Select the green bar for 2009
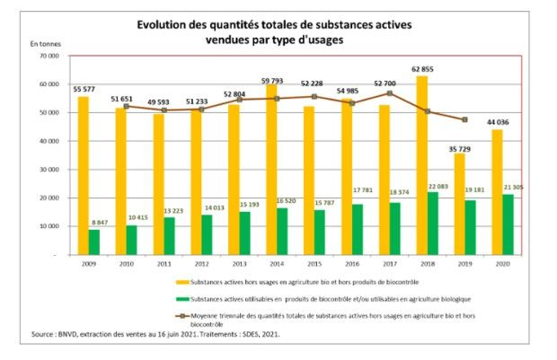(x=94, y=242)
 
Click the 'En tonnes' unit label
(x=46, y=41)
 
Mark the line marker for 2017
(x=390, y=93)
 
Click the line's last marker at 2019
(x=464, y=119)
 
